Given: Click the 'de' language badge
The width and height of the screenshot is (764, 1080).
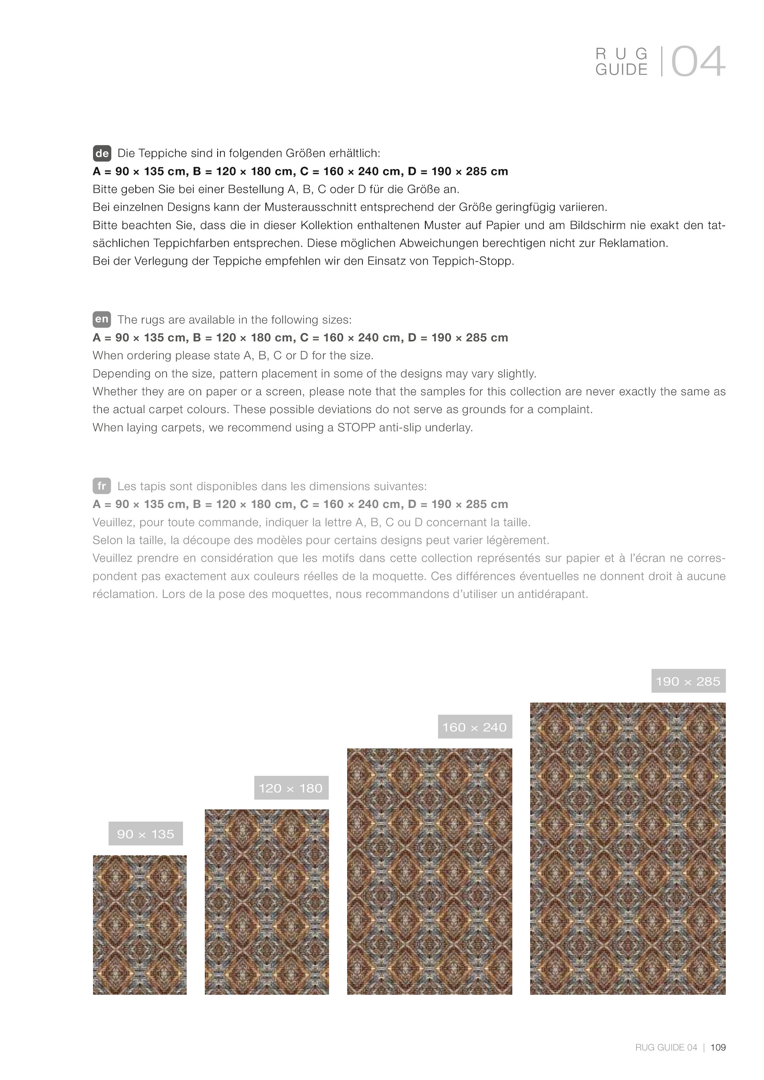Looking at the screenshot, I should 102,153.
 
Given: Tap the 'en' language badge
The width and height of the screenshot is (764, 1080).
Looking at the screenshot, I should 102,319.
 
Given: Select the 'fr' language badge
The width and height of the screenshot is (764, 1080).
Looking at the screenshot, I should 102,486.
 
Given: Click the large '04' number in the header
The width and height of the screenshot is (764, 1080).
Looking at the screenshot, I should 698,62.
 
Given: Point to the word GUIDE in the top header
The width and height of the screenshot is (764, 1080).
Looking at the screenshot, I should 622,70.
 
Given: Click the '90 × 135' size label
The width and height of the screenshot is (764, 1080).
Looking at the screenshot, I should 146,834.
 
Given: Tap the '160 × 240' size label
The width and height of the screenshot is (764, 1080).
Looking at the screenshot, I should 474,727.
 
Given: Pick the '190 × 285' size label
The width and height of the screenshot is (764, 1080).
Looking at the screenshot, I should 688,681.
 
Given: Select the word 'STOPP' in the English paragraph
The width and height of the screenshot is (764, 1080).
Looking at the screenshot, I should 353,427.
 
